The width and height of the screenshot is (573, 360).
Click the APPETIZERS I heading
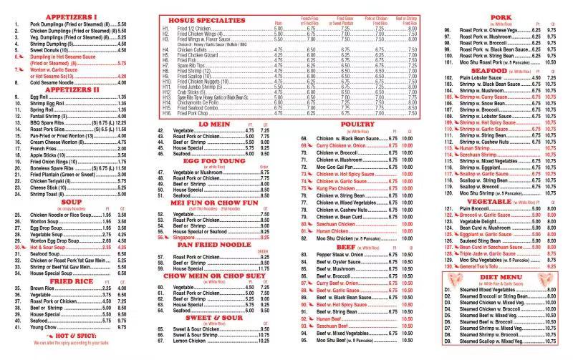(72, 16)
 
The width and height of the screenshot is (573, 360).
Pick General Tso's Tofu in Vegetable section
(483, 266)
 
